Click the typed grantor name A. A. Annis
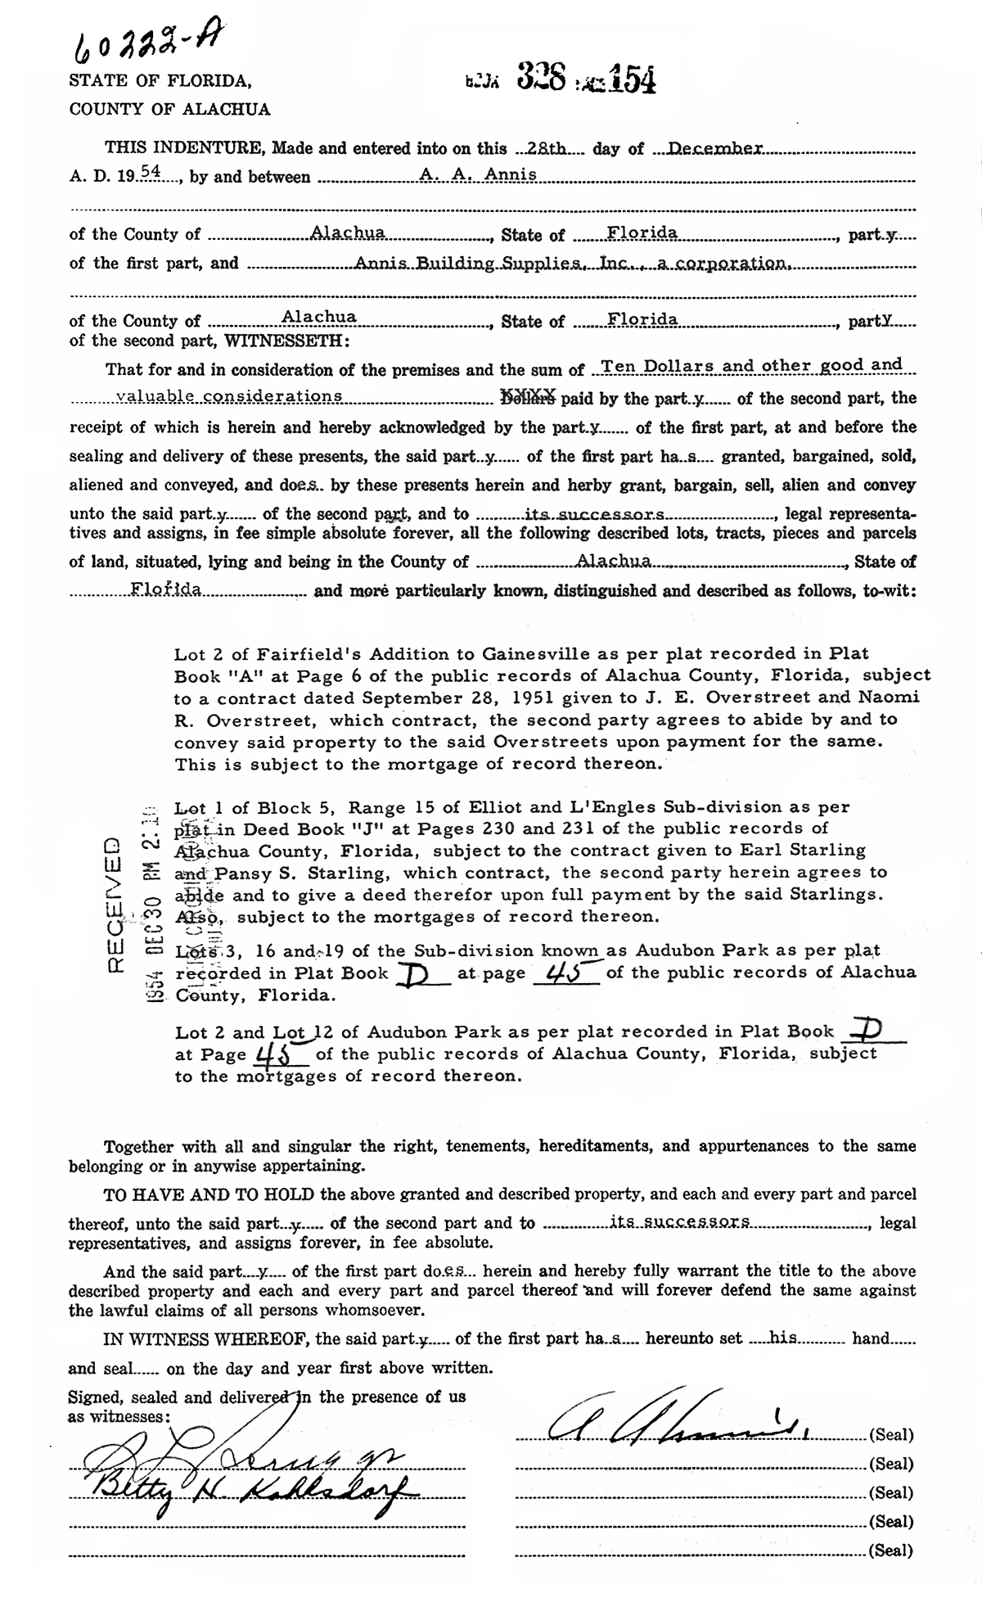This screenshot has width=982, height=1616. point(489,175)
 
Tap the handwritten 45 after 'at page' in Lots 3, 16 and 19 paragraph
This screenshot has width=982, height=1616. point(565,974)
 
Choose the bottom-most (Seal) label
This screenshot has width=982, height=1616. point(890,1550)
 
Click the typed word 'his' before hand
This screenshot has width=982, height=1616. point(784,1338)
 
